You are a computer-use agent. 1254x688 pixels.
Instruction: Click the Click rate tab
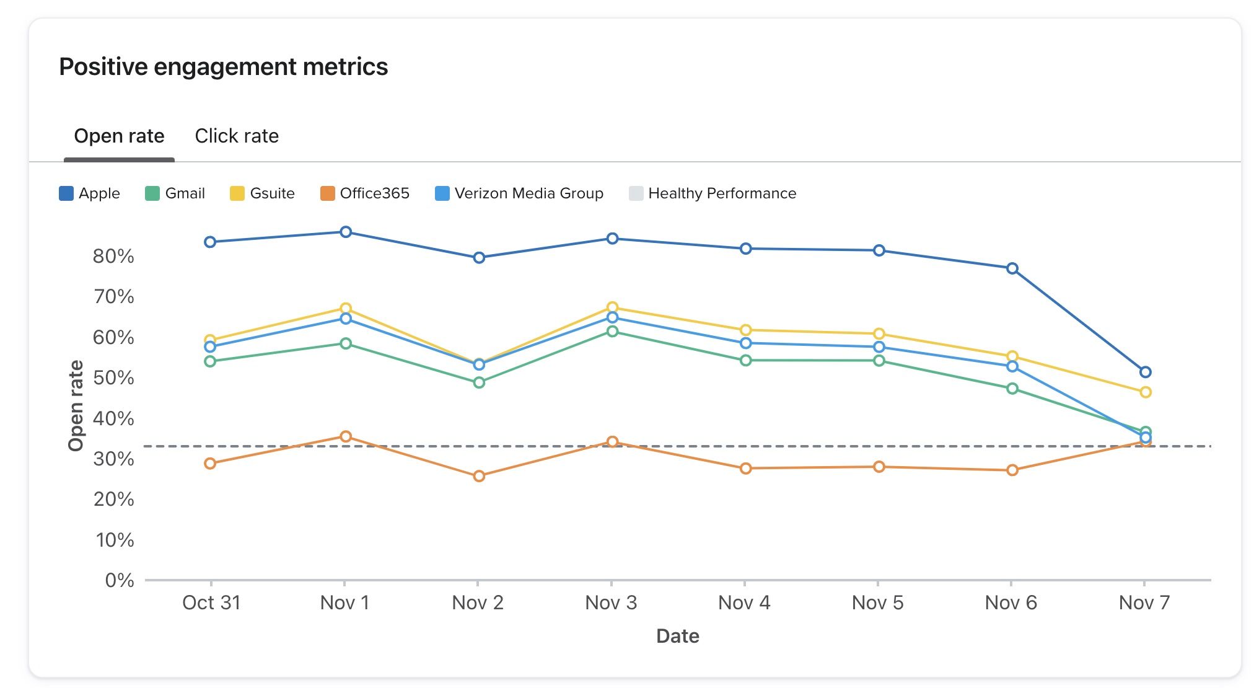click(237, 136)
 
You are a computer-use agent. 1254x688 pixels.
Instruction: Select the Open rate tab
click(119, 136)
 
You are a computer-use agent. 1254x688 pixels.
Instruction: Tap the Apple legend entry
click(89, 193)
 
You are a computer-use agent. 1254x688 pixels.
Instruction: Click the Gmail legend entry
click(175, 193)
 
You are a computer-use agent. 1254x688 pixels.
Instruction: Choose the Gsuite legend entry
click(262, 193)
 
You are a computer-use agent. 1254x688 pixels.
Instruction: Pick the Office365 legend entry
click(365, 193)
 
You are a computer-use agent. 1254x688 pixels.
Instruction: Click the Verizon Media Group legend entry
click(519, 193)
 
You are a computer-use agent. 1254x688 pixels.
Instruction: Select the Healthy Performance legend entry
click(712, 193)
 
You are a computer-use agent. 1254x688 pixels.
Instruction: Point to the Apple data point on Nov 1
click(346, 232)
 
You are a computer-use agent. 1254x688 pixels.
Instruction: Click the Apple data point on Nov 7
click(1146, 372)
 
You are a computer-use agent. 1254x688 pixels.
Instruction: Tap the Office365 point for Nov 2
click(479, 476)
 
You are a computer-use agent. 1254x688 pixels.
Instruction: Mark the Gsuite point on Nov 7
click(1146, 392)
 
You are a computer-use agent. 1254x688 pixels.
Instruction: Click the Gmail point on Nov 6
click(1012, 389)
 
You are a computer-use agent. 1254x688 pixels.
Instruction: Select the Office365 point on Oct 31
click(210, 464)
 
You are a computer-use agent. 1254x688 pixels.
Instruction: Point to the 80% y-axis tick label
click(113, 256)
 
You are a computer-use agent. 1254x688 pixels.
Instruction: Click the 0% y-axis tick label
click(120, 580)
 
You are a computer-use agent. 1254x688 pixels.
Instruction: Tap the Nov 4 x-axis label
click(744, 602)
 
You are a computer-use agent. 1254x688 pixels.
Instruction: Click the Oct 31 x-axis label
click(211, 602)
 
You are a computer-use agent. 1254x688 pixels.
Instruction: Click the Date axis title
click(678, 636)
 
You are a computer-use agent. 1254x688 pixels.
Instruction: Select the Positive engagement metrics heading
click(224, 66)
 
